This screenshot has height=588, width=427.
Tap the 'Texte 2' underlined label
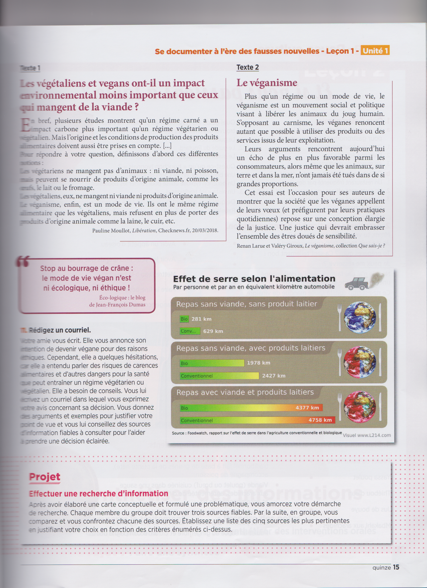[x=247, y=67]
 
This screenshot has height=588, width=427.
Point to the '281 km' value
[x=201, y=319]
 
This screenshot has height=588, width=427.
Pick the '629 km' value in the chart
[x=213, y=331]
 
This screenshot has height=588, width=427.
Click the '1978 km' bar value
[x=258, y=363]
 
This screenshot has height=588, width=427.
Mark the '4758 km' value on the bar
[x=320, y=420]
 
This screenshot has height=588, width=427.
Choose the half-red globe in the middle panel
[x=360, y=362]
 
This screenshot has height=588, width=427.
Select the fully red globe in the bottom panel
[x=360, y=406]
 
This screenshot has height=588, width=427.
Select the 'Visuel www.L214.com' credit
[x=367, y=435]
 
